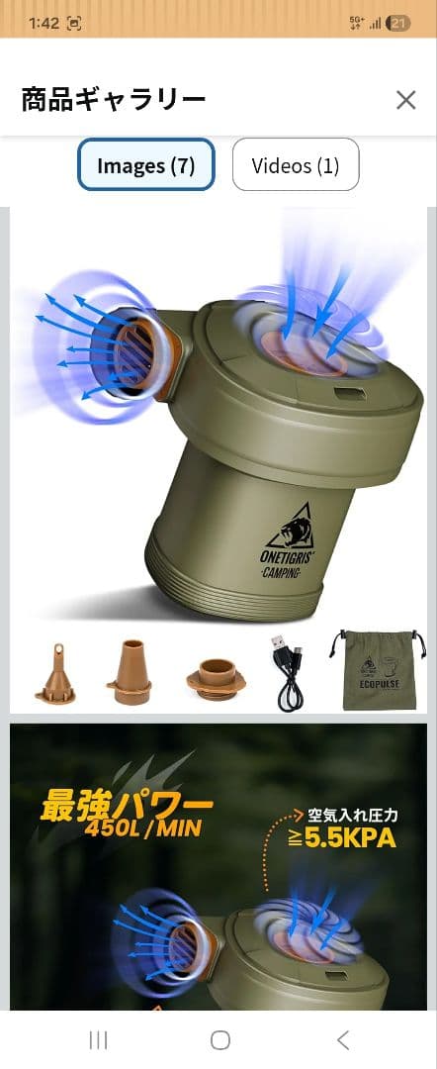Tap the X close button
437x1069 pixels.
point(405,100)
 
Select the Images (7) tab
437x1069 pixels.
point(145,165)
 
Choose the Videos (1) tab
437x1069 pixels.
point(296,165)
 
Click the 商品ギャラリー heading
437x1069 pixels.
point(113,100)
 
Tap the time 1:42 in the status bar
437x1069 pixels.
point(44,23)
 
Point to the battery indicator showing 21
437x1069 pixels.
point(397,23)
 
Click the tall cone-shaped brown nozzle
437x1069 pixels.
point(130,672)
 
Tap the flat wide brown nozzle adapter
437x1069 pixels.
point(217,678)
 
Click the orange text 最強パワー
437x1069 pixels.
point(127,807)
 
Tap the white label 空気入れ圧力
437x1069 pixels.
point(351,814)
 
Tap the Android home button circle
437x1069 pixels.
point(219,1039)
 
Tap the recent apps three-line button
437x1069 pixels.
point(99,1039)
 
